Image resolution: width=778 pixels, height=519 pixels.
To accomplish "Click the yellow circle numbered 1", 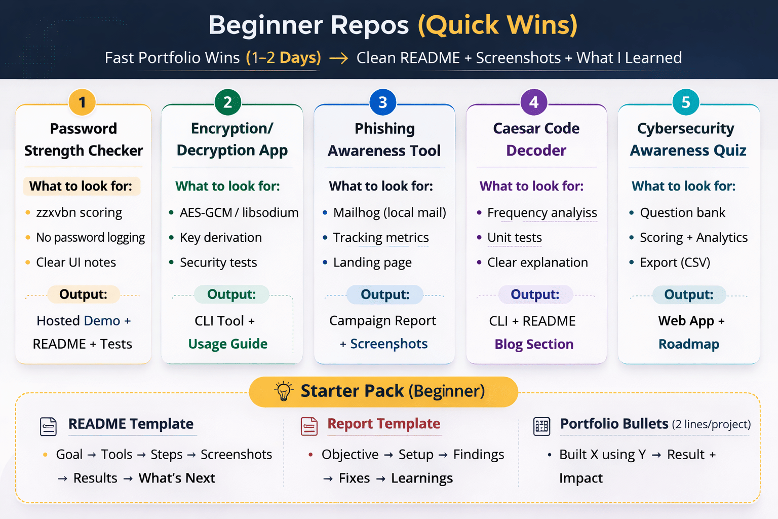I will pos(82,102).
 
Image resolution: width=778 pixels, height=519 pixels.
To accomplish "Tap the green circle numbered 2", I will pos(227,102).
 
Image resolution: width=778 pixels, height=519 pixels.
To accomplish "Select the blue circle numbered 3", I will pos(383,102).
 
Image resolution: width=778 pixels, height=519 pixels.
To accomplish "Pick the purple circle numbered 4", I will pos(534,102).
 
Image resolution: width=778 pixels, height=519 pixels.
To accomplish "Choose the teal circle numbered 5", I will pos(685,102).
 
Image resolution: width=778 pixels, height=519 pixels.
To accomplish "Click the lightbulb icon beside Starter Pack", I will pos(284,391).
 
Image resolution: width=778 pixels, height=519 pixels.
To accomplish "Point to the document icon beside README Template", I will pos(49,426).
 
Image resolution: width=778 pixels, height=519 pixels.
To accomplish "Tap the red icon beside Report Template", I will pos(309,426).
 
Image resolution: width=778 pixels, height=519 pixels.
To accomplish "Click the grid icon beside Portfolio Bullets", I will pos(541,426).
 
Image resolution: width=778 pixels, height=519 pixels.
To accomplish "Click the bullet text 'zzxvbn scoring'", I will pos(79,213).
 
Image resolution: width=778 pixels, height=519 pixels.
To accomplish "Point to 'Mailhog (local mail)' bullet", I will pos(390,213).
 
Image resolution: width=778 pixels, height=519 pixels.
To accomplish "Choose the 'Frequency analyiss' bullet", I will pos(542,213).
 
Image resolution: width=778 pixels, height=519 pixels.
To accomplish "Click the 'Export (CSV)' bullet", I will pos(675,263).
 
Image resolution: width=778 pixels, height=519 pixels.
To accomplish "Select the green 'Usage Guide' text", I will pos(228,344).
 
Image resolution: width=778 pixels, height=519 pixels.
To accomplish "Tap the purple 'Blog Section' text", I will pos(534,345).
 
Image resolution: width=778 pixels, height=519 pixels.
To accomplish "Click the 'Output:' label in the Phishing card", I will pos(385,294).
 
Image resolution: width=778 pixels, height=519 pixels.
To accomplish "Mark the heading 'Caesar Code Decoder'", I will pos(536,139).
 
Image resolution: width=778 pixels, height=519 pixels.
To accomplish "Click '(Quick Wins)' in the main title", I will pos(497,25).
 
